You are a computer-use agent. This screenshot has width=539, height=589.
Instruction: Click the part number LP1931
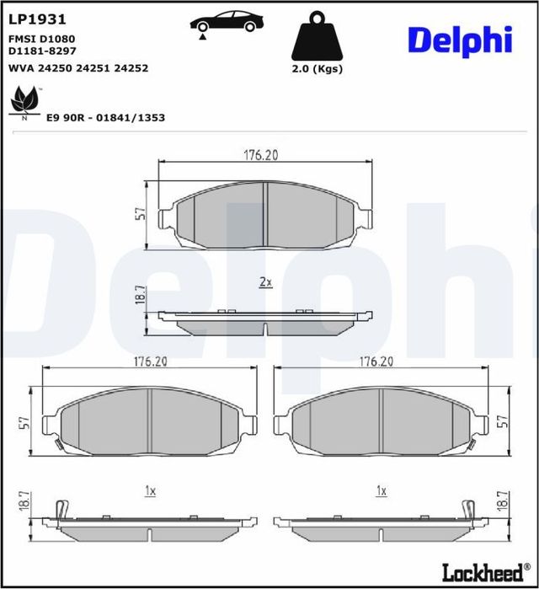click(37, 19)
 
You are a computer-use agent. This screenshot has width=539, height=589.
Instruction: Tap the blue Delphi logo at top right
click(460, 38)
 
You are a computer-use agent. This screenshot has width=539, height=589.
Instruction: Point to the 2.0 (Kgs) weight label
click(316, 69)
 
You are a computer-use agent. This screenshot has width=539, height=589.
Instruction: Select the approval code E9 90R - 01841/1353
click(106, 118)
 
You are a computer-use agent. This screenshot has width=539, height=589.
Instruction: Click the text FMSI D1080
click(42, 40)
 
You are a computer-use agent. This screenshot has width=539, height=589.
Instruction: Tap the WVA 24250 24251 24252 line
click(77, 67)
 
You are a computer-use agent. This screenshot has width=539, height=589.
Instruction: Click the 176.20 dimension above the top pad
click(261, 154)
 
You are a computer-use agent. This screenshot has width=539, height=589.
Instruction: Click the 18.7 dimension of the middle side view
click(141, 295)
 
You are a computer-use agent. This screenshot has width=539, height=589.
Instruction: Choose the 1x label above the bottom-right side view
click(382, 490)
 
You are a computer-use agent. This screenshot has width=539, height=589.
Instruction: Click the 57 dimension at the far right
click(504, 421)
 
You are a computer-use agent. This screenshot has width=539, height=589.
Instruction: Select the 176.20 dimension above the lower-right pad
click(376, 361)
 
